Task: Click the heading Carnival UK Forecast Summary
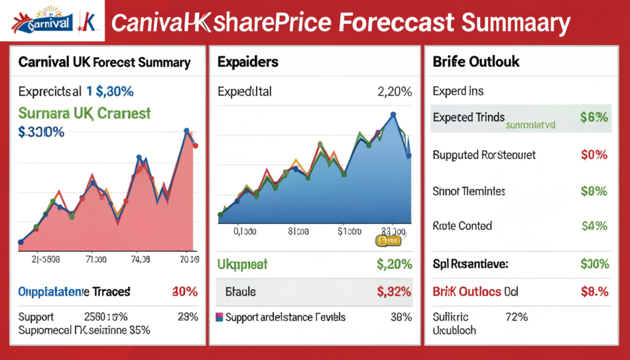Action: tap(104, 62)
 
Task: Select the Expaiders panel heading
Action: tap(247, 62)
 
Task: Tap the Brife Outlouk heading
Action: tap(476, 62)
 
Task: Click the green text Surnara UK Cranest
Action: tap(84, 113)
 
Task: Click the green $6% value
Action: tap(594, 118)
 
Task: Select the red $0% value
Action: tap(594, 154)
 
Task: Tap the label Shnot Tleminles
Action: tap(469, 191)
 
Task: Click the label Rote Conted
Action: tap(462, 226)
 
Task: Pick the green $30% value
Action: tap(594, 265)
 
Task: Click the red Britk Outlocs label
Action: tap(466, 291)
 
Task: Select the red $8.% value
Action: tap(594, 291)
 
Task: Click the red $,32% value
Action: tap(394, 291)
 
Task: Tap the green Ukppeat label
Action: tap(242, 265)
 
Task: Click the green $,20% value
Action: tap(394, 265)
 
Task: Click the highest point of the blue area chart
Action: tap(393, 114)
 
